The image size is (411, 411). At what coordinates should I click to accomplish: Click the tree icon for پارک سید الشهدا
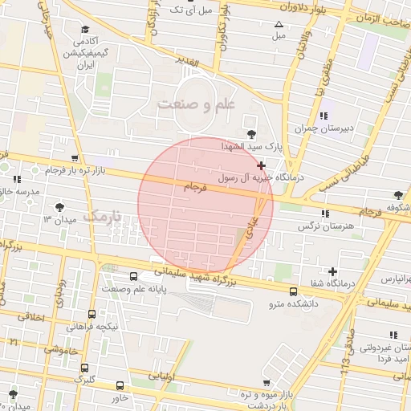pos(252,133)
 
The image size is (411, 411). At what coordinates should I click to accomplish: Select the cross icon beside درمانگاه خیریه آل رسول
pos(261,165)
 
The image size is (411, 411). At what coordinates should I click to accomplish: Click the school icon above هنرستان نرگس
pos(325,214)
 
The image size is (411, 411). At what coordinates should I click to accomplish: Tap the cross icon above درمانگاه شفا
pos(332,272)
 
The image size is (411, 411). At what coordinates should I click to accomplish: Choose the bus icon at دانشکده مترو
pos(292,291)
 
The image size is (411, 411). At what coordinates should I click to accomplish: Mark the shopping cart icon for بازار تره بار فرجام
pos(75,158)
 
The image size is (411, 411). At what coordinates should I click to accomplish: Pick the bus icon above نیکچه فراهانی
pos(92,314)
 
